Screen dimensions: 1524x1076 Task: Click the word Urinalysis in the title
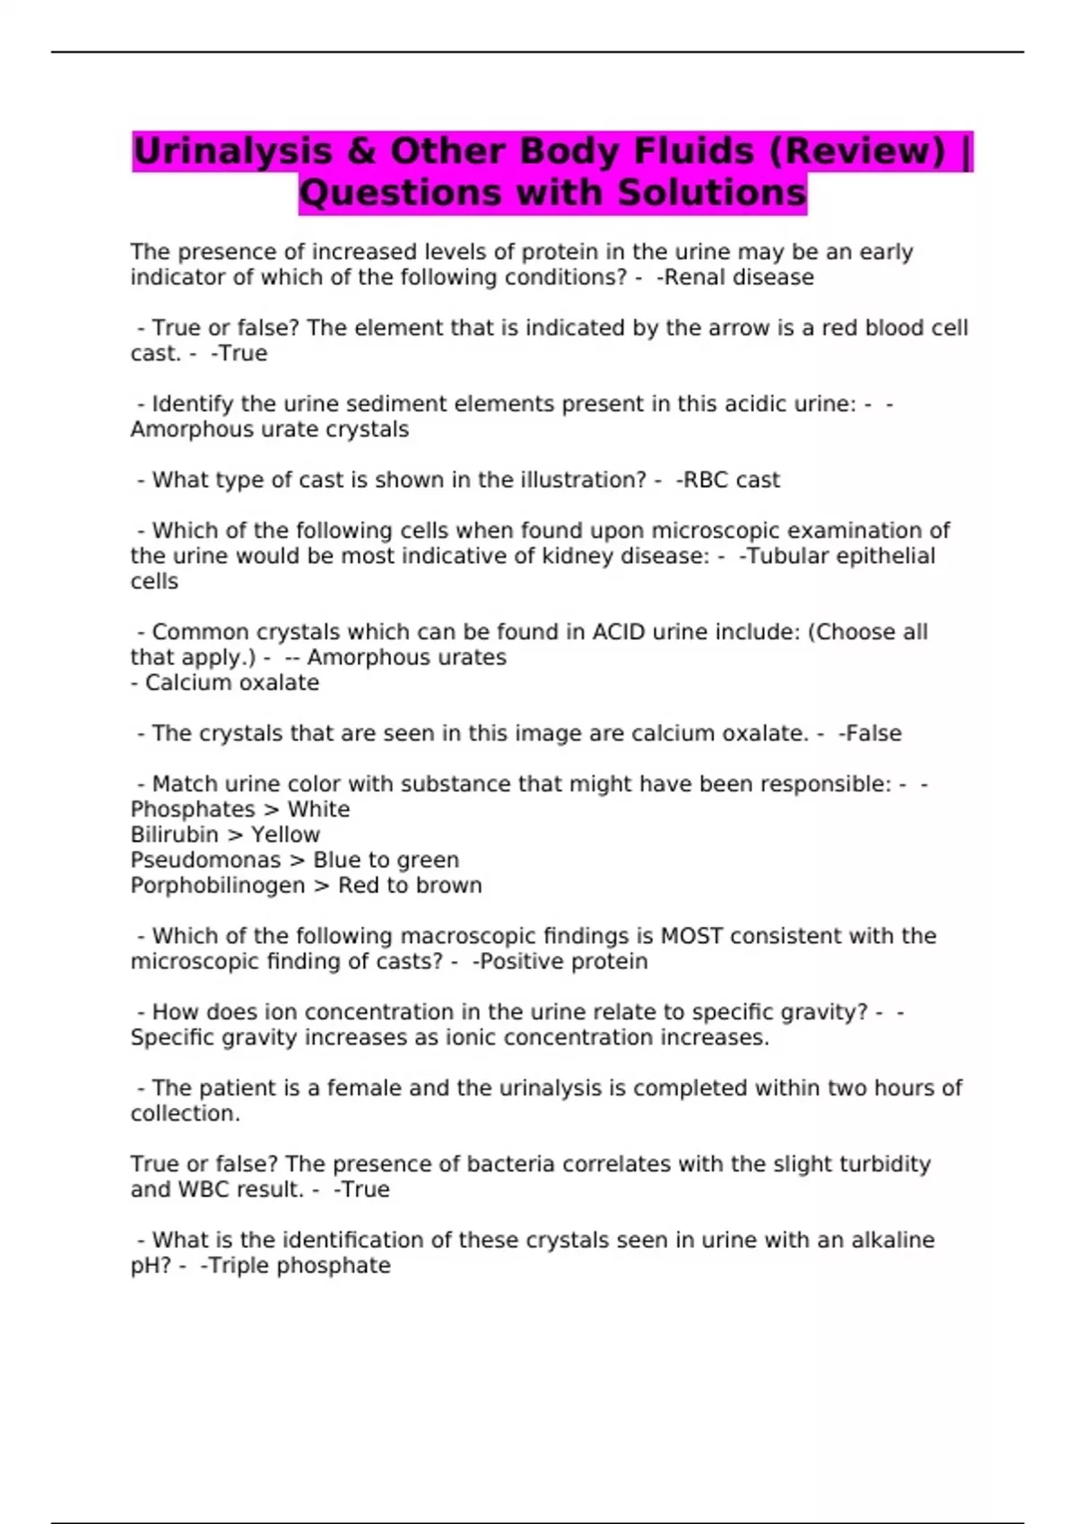coord(232,151)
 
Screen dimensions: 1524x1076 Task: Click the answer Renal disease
coord(739,278)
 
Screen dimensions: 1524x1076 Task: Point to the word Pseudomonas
coord(205,861)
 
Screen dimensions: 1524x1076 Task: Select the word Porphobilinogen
coord(218,886)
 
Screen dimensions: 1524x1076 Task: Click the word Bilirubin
coord(174,835)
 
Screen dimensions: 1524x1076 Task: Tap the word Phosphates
coord(193,810)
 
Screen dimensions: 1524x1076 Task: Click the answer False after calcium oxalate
coord(873,733)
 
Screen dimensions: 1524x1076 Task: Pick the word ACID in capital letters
coord(619,632)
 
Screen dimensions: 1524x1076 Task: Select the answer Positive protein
coord(563,962)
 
